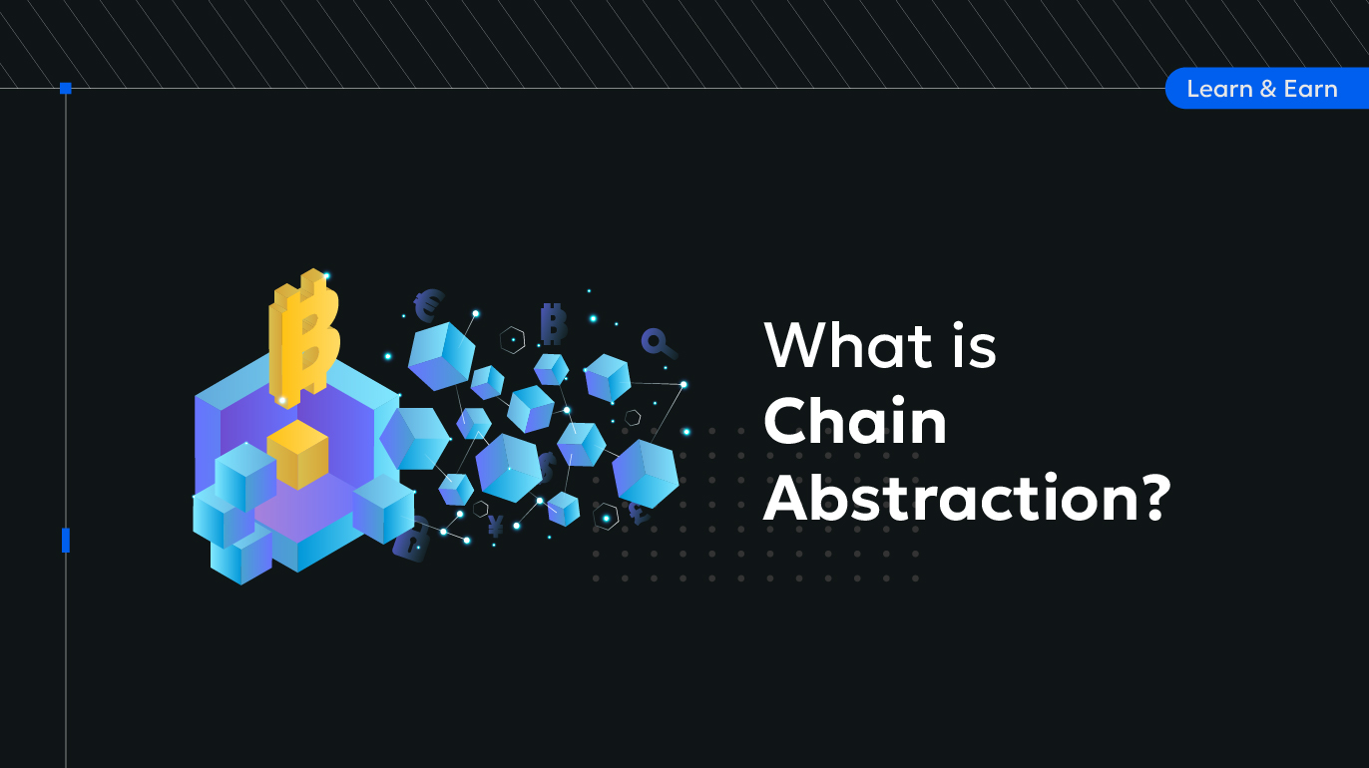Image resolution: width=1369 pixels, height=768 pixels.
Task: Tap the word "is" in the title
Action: click(974, 346)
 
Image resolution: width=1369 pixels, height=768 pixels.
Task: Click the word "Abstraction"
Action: click(951, 498)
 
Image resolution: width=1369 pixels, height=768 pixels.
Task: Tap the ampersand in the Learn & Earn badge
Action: click(1268, 89)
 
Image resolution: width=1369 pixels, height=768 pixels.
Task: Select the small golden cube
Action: click(297, 454)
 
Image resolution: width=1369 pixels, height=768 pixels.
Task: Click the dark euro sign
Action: click(429, 305)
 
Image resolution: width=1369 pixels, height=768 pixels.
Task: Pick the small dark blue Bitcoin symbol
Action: click(553, 324)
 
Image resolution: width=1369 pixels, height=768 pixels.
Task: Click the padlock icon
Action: click(411, 541)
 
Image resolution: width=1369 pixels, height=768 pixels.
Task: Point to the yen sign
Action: click(496, 526)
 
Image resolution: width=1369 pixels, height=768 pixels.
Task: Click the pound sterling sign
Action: click(640, 513)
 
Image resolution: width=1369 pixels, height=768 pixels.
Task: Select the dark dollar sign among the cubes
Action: click(547, 468)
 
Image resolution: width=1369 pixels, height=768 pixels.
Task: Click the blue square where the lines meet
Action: click(66, 89)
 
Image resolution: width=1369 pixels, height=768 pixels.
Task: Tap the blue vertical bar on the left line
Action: click(66, 541)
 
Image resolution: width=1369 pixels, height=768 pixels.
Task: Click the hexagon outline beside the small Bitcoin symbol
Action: click(512, 340)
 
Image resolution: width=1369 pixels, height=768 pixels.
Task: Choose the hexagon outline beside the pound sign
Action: click(606, 517)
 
